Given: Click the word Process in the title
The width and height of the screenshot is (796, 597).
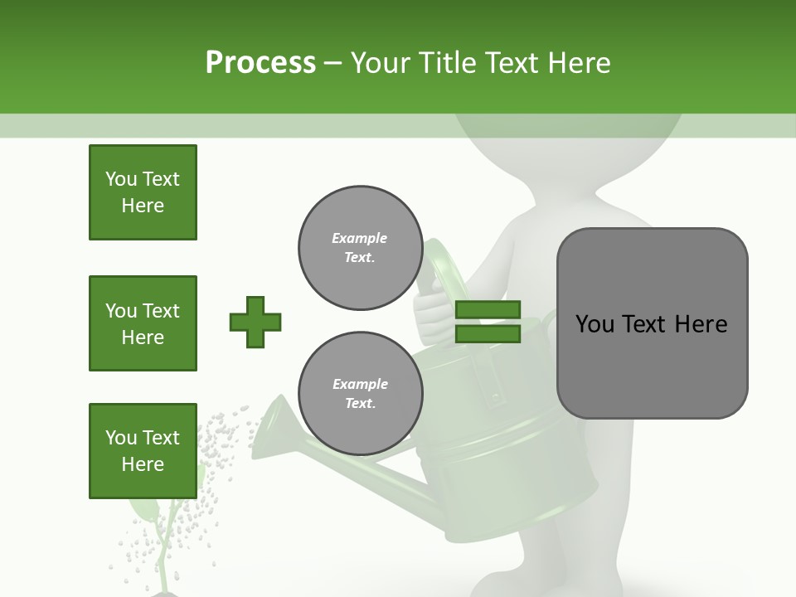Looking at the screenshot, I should point(260,63).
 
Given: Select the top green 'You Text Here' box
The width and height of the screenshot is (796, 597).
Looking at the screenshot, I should point(143,192).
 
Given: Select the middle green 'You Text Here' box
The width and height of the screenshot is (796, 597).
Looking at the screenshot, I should point(143,323).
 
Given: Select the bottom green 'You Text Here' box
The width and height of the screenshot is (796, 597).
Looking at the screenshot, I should point(143,451).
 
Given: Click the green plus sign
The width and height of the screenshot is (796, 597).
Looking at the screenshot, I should point(255,322).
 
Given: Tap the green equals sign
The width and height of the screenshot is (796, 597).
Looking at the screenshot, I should point(488,322).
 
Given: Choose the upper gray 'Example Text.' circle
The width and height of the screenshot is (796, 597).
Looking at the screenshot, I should point(360,248).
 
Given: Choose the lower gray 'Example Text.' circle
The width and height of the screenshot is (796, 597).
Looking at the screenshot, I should point(360,393).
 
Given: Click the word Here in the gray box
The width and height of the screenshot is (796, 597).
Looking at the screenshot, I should point(701,324).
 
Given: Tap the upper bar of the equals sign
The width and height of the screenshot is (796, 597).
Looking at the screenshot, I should point(488,310).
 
